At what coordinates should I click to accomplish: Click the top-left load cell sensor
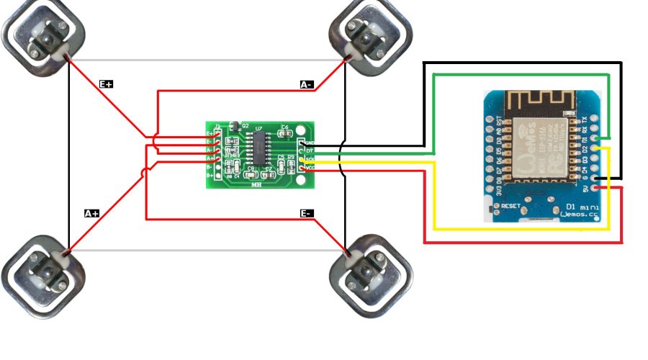[x=43, y=36]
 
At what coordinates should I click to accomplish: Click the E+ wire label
[x=106, y=84]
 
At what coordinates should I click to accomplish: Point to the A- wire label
[x=307, y=84]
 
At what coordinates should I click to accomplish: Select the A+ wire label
[x=91, y=214]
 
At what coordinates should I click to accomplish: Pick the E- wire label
[x=307, y=214]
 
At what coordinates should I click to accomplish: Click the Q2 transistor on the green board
[x=234, y=126]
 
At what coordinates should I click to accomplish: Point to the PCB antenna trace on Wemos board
[x=536, y=101]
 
